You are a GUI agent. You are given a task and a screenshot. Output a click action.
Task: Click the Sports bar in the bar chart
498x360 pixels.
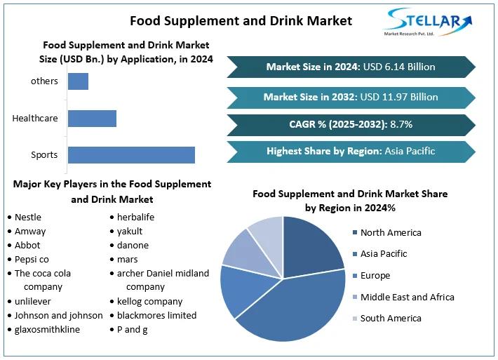(x=131, y=155)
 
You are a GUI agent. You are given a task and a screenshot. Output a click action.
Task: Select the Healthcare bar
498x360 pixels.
(x=92, y=118)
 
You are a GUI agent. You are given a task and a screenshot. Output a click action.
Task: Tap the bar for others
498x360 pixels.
(x=78, y=81)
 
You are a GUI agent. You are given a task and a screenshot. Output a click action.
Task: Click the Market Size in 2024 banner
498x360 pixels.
(x=351, y=67)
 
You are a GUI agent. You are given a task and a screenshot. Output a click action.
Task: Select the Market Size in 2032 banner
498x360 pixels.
(x=351, y=97)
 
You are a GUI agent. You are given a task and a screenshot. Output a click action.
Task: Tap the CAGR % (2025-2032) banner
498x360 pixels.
(x=351, y=124)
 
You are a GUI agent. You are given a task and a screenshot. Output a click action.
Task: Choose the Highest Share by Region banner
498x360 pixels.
(x=351, y=151)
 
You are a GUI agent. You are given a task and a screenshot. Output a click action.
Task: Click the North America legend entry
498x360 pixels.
(x=390, y=232)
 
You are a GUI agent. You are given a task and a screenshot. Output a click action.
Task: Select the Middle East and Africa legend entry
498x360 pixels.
(x=407, y=297)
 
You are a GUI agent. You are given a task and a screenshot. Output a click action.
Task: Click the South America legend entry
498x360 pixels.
(x=390, y=318)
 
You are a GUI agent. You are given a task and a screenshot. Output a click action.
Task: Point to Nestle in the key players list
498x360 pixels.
(x=28, y=217)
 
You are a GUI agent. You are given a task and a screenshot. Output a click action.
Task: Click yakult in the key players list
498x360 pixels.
(x=130, y=231)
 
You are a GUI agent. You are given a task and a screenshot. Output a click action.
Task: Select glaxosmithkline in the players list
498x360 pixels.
(x=47, y=329)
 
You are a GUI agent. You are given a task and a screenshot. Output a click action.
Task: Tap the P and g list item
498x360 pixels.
(x=132, y=329)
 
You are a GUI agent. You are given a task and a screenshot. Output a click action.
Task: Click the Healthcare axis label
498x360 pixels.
(x=35, y=118)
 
